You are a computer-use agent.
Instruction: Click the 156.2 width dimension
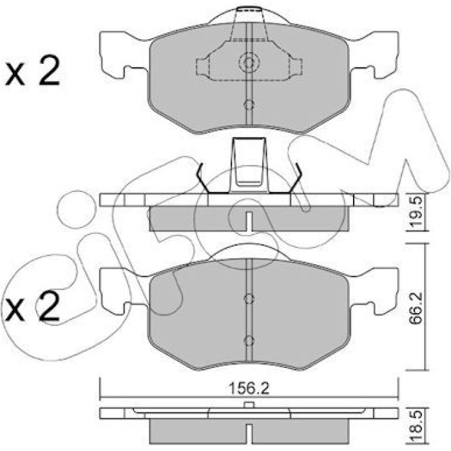pos(249,389)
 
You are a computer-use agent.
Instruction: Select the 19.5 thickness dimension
pos(417,213)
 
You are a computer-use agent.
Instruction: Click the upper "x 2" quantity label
pos(32,71)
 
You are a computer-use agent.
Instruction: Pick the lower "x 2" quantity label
pos(32,306)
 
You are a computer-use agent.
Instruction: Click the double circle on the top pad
pos(249,62)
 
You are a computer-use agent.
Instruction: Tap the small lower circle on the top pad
pos(249,104)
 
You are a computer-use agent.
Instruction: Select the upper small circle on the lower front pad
pos(249,298)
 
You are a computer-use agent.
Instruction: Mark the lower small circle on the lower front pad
pos(249,341)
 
